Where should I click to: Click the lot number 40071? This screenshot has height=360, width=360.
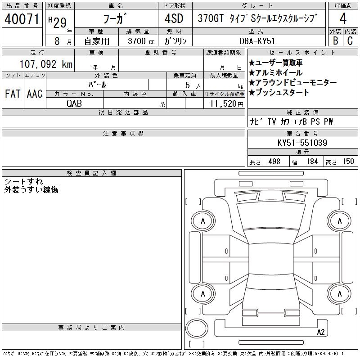click(22, 19)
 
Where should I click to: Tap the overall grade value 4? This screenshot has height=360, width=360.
click(343, 18)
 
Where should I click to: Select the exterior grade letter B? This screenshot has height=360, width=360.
click(335, 40)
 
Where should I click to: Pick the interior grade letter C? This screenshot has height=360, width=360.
click(350, 40)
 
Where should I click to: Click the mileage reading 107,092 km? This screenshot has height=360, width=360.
click(46, 64)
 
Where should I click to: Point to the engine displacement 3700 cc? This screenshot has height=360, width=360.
click(141, 41)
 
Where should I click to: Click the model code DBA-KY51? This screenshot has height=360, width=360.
click(257, 41)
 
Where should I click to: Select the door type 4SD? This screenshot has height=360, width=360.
click(174, 18)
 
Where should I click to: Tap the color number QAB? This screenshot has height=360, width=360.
click(74, 103)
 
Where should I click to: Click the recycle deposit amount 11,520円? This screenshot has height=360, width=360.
click(226, 104)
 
